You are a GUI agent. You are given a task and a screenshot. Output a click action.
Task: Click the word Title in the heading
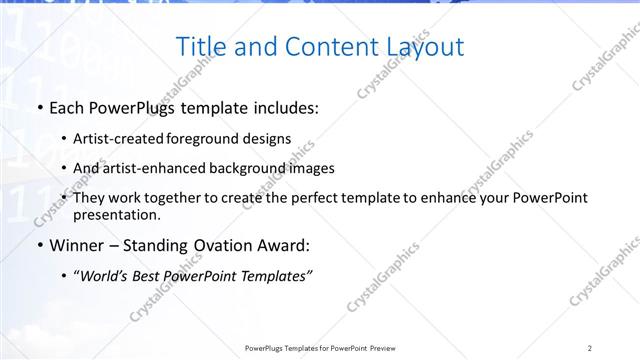pos(198,47)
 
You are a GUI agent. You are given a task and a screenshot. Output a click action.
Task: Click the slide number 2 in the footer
pos(590,347)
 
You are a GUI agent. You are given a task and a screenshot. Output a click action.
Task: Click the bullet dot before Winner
pos(38,245)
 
